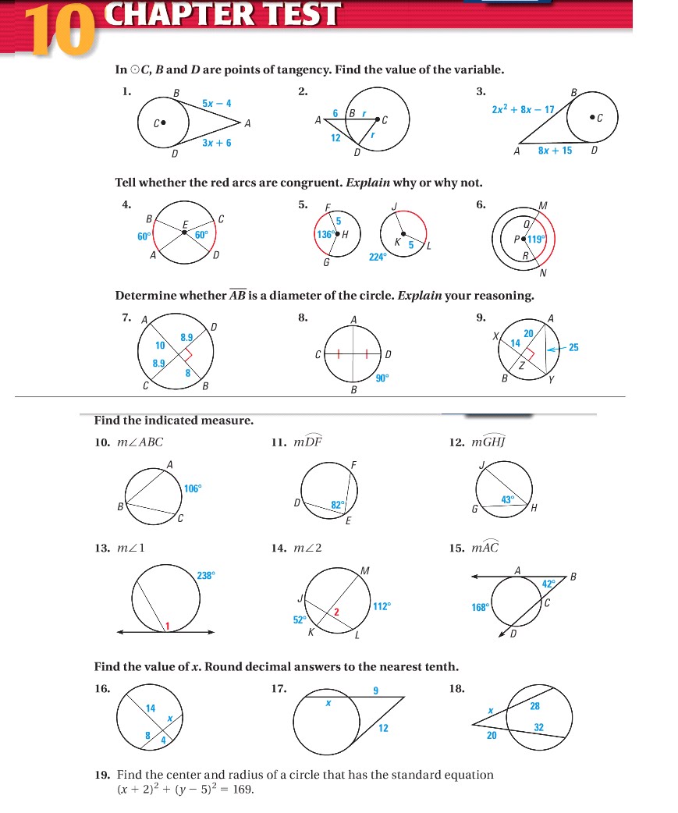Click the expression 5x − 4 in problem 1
(x=216, y=104)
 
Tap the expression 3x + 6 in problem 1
(x=216, y=144)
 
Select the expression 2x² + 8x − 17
(x=523, y=110)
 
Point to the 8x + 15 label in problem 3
(x=555, y=151)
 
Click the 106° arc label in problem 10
(x=193, y=488)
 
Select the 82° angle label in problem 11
(x=338, y=505)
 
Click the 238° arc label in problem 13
(x=206, y=575)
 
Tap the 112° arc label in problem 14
(x=382, y=605)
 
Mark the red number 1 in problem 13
(x=165, y=625)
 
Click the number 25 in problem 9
(x=573, y=347)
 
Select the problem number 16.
(x=101, y=689)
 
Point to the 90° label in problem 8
(x=382, y=378)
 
